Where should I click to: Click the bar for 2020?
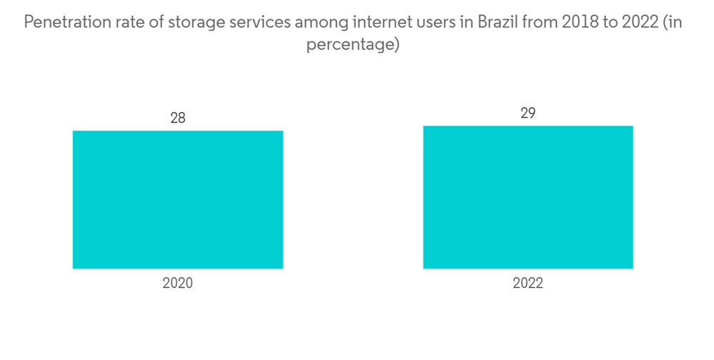(x=178, y=199)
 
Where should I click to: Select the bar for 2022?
(x=528, y=197)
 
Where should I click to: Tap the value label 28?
(x=178, y=118)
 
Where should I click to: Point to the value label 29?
(x=528, y=113)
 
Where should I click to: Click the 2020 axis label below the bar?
(x=178, y=284)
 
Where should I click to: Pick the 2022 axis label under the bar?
(x=528, y=284)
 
